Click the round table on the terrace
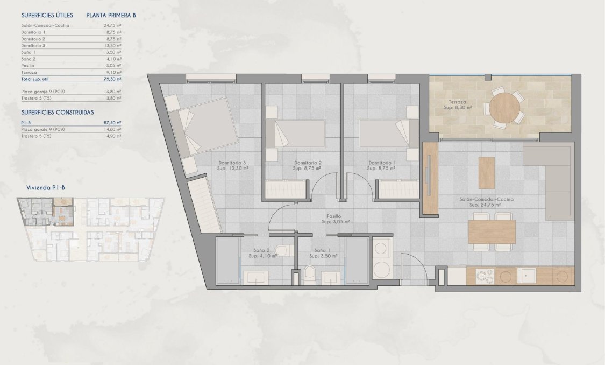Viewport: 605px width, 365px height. pyautogui.click(x=504, y=108)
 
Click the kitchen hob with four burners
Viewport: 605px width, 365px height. pyautogui.click(x=485, y=276)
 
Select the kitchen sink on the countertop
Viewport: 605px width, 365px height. pyautogui.click(x=526, y=275)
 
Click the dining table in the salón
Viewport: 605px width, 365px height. pyautogui.click(x=492, y=231)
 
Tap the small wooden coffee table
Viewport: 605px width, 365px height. pyautogui.click(x=486, y=172)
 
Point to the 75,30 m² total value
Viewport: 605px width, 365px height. pyautogui.click(x=112, y=79)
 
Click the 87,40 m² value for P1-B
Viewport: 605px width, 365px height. pyautogui.click(x=112, y=123)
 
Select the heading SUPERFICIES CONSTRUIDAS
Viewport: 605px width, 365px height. pyautogui.click(x=58, y=112)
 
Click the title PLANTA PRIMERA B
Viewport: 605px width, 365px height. pyautogui.click(x=111, y=16)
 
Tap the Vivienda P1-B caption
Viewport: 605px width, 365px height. pyautogui.click(x=46, y=187)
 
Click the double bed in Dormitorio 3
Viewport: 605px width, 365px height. pyautogui.click(x=207, y=126)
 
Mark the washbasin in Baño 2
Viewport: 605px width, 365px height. pyautogui.click(x=254, y=277)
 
